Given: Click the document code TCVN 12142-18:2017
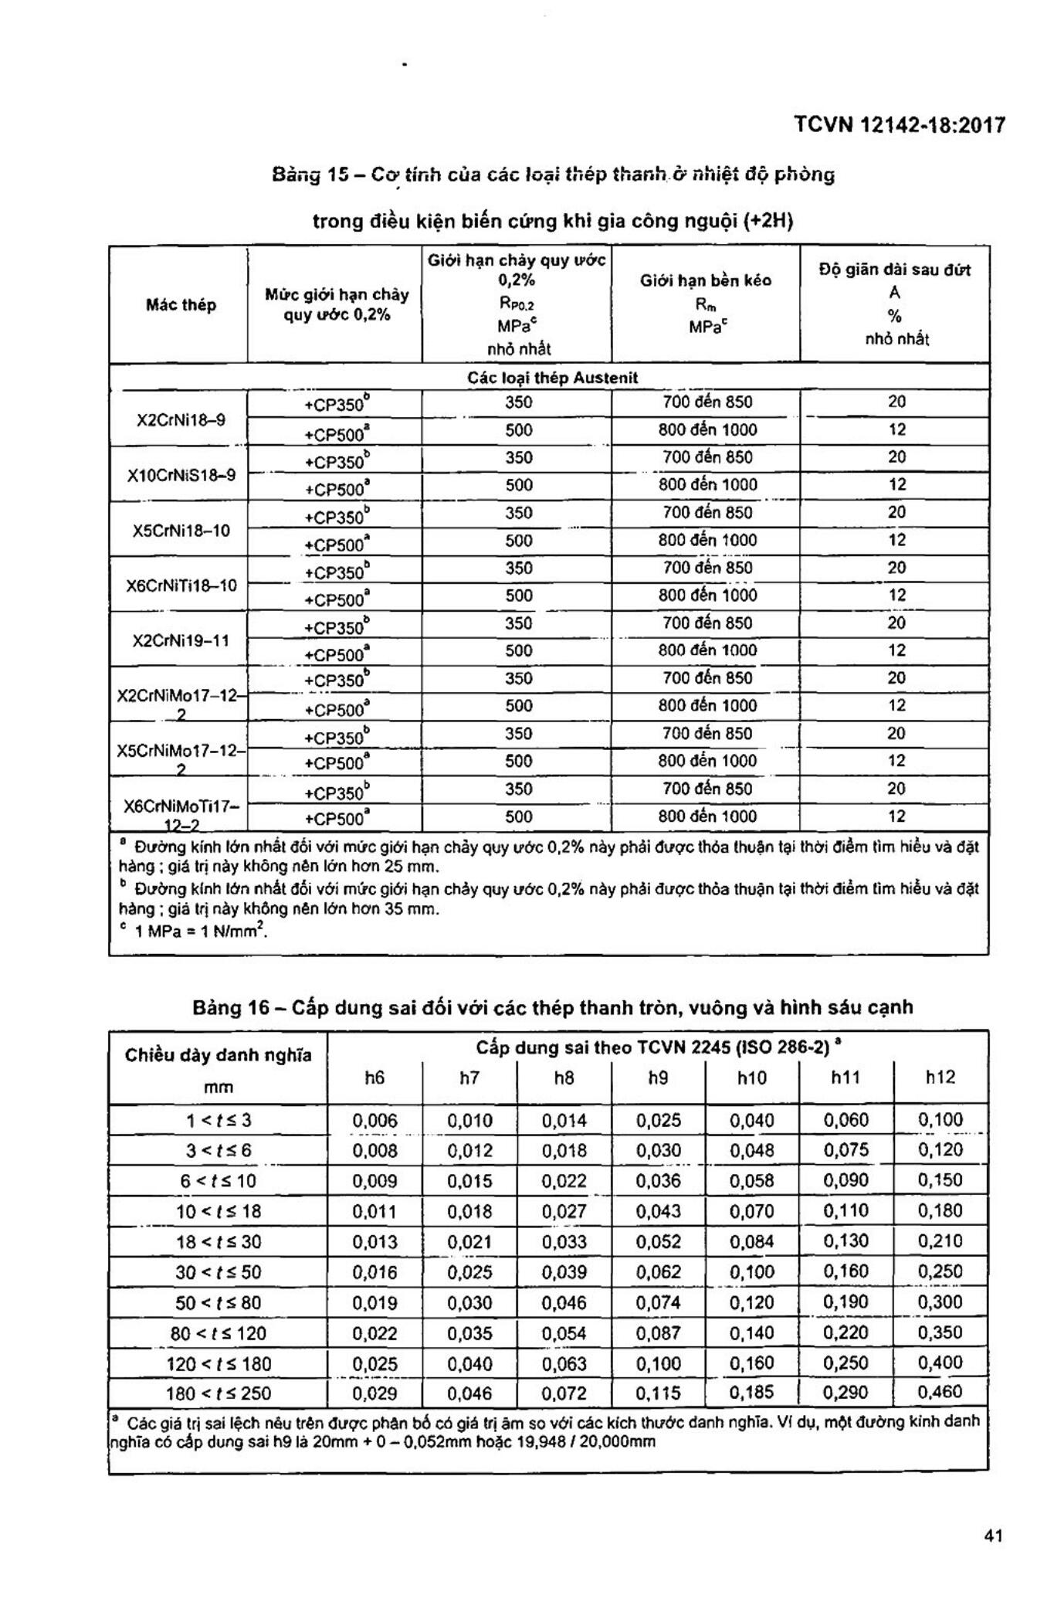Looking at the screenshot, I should click(900, 125).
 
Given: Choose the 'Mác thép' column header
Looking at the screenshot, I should click(181, 305).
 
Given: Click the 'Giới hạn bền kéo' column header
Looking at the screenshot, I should click(705, 280).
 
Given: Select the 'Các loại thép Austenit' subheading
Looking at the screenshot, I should click(552, 378).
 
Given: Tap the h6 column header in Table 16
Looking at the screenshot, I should click(374, 1077).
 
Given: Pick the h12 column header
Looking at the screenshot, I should click(940, 1077).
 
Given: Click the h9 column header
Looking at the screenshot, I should click(658, 1077).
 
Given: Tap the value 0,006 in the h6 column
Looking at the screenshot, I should click(374, 1121).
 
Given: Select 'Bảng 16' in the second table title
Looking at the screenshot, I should click(229, 1008).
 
